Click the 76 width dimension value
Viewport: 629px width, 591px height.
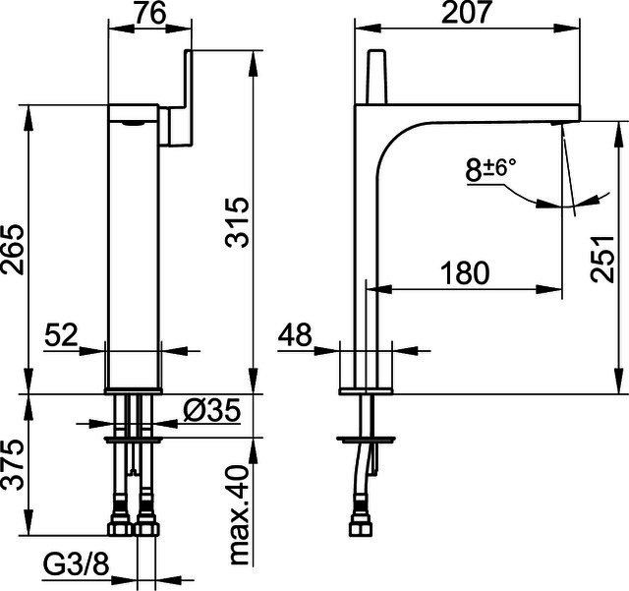point(149,13)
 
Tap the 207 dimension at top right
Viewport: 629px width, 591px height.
point(466,12)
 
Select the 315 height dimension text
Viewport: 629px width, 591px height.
point(237,222)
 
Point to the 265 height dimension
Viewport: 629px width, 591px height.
point(12,250)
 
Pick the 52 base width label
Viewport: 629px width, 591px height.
point(61,335)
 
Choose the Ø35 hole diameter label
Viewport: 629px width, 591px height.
point(212,410)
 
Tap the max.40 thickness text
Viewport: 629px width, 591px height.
point(240,515)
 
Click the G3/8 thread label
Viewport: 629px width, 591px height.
point(76,565)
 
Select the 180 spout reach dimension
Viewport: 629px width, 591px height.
point(465,273)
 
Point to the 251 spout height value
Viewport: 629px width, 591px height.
point(602,259)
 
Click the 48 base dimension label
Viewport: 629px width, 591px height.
point(295,334)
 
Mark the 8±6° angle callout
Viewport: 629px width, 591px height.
point(490,169)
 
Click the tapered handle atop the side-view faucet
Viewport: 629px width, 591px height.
point(375,77)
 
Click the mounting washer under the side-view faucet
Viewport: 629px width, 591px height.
point(367,440)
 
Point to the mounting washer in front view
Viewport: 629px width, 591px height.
point(134,440)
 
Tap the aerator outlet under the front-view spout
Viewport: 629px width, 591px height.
point(134,123)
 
